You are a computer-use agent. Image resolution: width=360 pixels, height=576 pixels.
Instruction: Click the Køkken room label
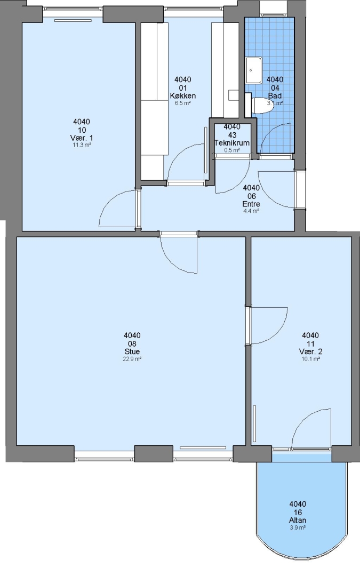point(182,96)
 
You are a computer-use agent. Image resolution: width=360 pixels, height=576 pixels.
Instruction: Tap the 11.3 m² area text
point(82,145)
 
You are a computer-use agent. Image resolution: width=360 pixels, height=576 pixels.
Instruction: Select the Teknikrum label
point(232,143)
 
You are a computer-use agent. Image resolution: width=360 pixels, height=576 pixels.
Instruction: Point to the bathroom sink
point(254,70)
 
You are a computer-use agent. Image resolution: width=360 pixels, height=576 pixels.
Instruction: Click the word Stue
point(132,351)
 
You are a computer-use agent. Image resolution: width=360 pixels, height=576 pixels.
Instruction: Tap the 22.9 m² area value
point(132,359)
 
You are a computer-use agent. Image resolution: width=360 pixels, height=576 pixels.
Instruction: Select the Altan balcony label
point(298,520)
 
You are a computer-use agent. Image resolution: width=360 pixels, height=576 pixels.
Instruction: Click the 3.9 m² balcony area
point(298,527)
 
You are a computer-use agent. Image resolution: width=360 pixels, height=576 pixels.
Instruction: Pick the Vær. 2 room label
point(310,351)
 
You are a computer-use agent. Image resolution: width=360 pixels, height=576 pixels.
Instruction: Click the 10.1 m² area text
point(310,359)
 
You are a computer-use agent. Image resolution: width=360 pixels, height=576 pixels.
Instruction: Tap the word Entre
point(251,204)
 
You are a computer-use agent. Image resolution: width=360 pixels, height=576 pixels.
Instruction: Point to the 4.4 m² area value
point(251,211)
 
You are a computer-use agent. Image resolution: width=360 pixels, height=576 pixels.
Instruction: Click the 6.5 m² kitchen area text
point(182,103)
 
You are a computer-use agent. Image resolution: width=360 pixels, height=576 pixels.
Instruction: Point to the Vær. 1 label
point(82,138)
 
